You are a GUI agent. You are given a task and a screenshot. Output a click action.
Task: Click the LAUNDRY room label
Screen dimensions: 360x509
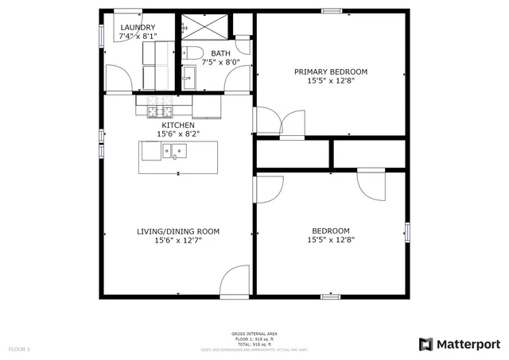coord(137,28)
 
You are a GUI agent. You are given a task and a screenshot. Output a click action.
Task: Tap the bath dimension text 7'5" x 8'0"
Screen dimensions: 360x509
coord(220,62)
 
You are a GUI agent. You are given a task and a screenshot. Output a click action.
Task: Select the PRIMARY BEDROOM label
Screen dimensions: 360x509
coord(331,72)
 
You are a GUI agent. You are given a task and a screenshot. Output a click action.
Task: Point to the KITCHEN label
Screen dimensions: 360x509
coord(178,126)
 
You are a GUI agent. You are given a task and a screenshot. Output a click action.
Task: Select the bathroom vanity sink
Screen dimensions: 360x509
coord(188,75)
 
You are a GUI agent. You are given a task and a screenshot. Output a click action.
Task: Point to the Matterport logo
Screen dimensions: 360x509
coord(460,344)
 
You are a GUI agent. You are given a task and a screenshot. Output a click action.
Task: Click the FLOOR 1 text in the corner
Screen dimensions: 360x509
coord(19,349)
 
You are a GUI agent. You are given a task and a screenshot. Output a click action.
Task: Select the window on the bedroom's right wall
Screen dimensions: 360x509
coord(408,231)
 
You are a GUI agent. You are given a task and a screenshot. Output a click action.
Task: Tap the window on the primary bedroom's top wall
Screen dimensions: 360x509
coord(332,11)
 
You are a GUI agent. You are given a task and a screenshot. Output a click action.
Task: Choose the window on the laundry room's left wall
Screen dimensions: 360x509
coord(102,33)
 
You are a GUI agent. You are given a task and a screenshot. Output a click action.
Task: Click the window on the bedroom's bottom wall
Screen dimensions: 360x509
coord(331,296)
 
